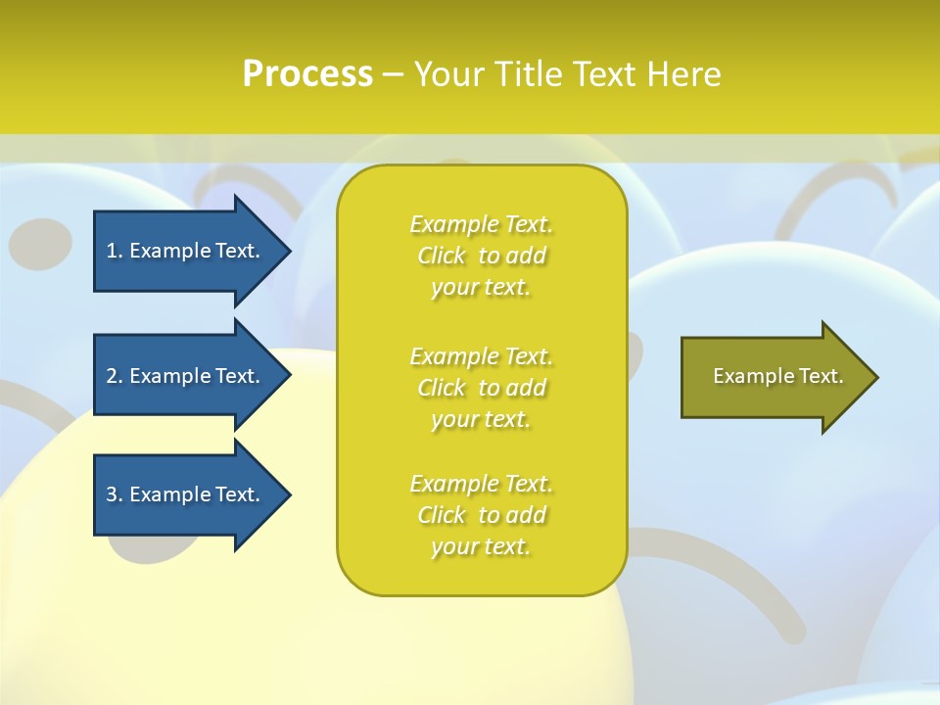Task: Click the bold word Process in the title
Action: pyautogui.click(x=307, y=74)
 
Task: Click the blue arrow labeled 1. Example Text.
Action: pyautogui.click(x=186, y=251)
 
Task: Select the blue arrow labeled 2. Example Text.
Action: pyautogui.click(x=186, y=376)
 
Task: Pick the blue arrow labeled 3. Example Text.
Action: pyautogui.click(x=186, y=494)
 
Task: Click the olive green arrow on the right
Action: pyautogui.click(x=774, y=376)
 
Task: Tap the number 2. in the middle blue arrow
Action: pyautogui.click(x=114, y=376)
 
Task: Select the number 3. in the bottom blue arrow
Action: pyautogui.click(x=114, y=494)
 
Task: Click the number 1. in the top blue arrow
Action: pyautogui.click(x=114, y=251)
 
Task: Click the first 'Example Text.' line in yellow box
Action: pyautogui.click(x=482, y=224)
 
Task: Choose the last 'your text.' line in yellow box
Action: pyautogui.click(x=481, y=546)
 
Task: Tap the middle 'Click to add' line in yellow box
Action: pyautogui.click(x=482, y=388)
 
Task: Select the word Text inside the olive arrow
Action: pyautogui.click(x=822, y=376)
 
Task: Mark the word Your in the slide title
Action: pyautogui.click(x=450, y=74)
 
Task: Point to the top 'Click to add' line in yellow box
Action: pyautogui.click(x=482, y=256)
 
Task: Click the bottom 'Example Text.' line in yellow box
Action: pyautogui.click(x=482, y=484)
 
